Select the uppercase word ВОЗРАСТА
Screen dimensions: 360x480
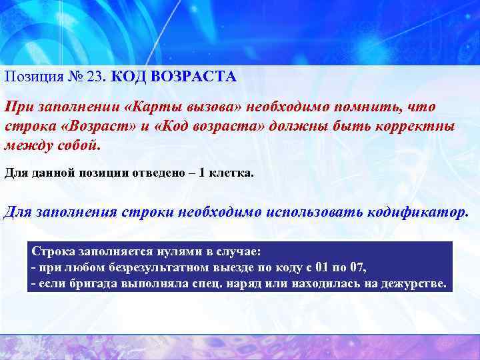[x=193, y=77]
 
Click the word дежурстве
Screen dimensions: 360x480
[x=414, y=284]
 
